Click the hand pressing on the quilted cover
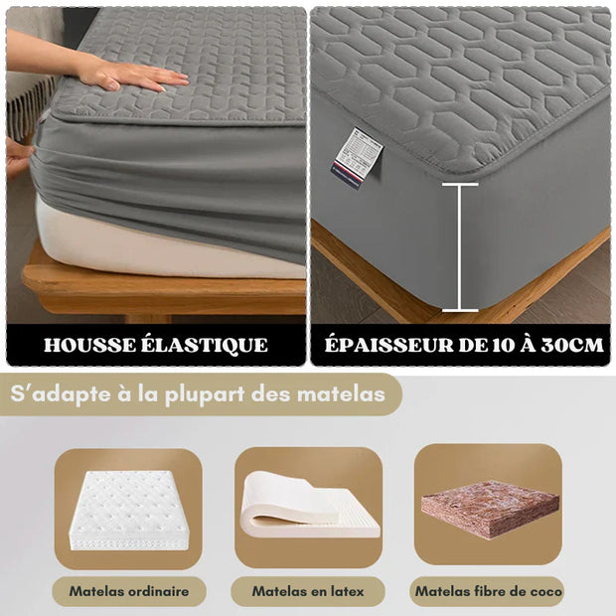[x=139, y=76]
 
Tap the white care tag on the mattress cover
[x=357, y=155]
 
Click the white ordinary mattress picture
[x=128, y=509]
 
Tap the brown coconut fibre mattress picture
[x=490, y=509]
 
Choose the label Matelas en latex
[x=307, y=591]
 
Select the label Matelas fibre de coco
[x=488, y=591]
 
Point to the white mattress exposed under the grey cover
[x=149, y=248]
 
